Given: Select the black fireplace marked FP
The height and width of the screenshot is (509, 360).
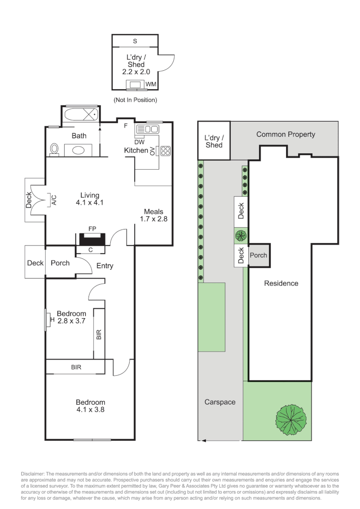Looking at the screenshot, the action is click(92, 239).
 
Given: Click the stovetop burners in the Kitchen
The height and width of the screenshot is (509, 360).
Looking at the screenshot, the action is click(165, 151).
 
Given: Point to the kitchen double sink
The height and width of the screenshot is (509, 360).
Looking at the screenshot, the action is click(147, 129).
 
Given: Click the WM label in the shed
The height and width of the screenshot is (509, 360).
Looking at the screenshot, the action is click(151, 84).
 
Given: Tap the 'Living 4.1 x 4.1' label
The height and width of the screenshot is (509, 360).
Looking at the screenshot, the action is click(90, 199).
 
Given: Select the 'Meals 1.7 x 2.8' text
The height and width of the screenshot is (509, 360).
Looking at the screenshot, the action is click(154, 215).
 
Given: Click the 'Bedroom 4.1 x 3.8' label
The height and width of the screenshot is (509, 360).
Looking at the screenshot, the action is click(90, 406).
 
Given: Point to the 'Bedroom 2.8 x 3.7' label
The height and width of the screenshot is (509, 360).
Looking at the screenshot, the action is click(72, 317).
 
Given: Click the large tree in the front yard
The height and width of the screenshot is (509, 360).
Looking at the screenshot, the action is click(291, 420).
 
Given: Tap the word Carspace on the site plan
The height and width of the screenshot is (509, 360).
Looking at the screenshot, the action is click(220, 402).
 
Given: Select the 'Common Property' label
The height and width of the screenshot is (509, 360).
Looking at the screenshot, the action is click(286, 134).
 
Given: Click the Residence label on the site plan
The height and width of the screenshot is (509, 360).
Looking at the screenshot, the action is click(281, 283).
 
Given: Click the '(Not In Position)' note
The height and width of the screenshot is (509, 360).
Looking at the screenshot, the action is click(135, 100).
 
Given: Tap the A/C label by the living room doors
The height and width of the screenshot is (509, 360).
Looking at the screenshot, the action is click(54, 200).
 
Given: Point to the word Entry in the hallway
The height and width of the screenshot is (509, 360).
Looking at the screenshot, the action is click(105, 266).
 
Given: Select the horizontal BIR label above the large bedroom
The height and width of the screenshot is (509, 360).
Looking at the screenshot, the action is click(76, 367).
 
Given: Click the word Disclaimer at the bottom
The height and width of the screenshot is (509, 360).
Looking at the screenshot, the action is click(33, 474).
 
